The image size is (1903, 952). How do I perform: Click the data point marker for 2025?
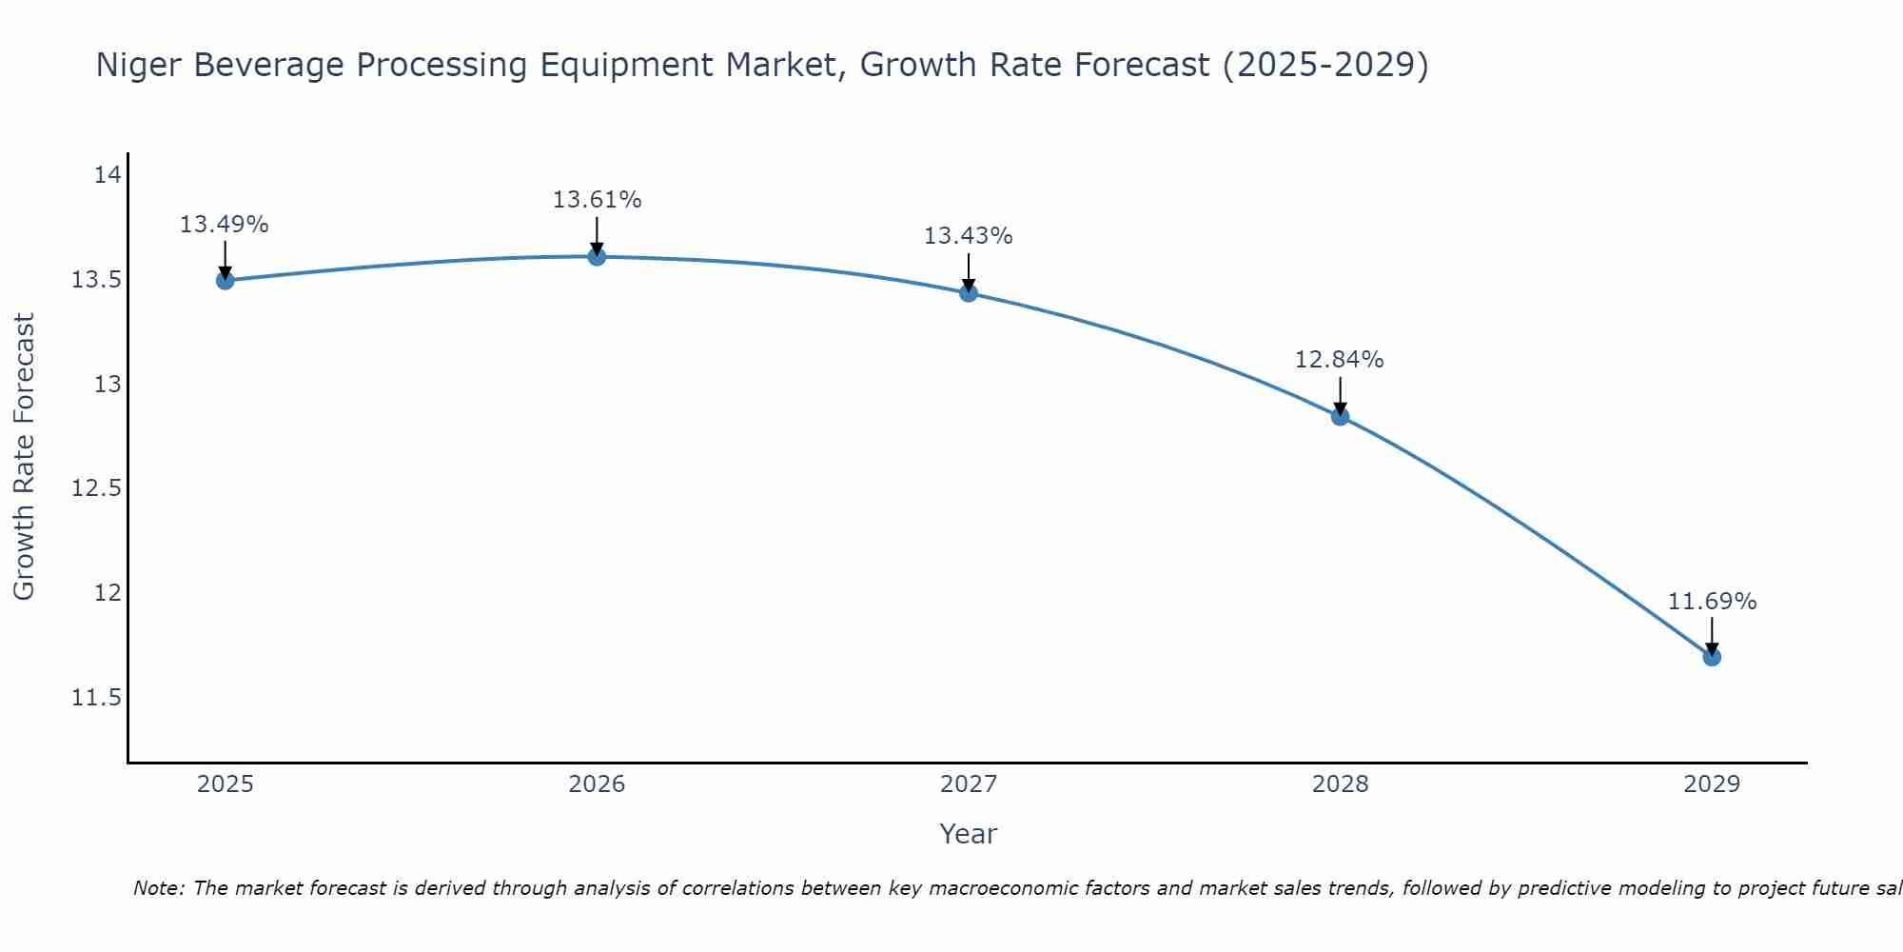pos(226,280)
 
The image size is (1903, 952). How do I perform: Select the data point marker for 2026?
pos(597,256)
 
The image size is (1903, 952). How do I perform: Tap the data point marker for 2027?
pos(969,292)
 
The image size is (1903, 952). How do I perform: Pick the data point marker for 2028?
pos(1340,416)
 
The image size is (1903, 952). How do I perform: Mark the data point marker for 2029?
pos(1712,657)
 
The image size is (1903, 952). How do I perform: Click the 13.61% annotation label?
pos(597,200)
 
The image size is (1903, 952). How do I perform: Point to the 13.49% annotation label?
pos(225,225)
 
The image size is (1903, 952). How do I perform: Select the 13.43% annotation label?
pos(968,236)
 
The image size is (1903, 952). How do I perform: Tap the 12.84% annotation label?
pos(1339,360)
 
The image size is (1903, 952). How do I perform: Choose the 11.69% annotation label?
pos(1712,602)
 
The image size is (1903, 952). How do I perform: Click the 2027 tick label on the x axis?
pos(969,784)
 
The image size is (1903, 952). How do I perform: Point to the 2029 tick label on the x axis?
pos(1712,784)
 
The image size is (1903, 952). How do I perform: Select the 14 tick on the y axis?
pos(108,175)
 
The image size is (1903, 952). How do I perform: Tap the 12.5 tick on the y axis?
pos(97,488)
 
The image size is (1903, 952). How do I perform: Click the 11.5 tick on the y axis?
pos(97,698)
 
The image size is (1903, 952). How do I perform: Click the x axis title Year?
pos(968,834)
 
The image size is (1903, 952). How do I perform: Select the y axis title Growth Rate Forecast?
pos(24,457)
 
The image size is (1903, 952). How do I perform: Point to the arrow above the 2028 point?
pos(1340,395)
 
